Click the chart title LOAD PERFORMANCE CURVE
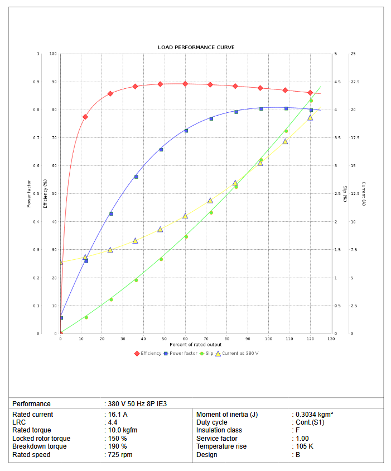(196, 47)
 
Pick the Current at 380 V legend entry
(240, 353)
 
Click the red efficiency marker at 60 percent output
(185, 84)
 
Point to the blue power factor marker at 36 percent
(136, 177)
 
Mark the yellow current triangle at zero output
(61, 262)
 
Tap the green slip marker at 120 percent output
(311, 101)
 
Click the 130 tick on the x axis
(331, 339)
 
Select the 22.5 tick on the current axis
(355, 82)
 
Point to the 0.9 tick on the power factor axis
(36, 82)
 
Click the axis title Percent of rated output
(196, 345)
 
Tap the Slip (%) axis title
(345, 194)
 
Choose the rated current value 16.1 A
(117, 415)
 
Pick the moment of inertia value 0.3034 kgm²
(314, 415)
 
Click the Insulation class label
(219, 430)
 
